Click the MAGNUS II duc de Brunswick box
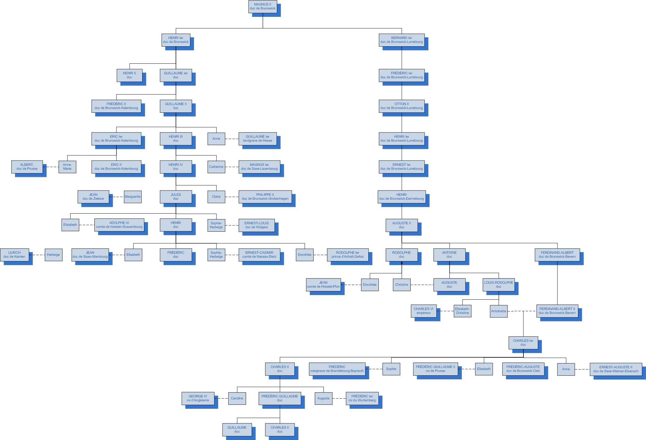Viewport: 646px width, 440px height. [263, 6]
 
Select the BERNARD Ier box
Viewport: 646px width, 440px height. [401, 40]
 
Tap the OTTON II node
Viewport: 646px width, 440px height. [401, 106]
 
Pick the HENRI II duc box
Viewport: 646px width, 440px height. [129, 75]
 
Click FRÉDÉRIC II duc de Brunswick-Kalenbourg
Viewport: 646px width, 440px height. [116, 106]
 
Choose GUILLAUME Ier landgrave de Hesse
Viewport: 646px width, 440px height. [257, 139]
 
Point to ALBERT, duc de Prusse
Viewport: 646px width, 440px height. [27, 167]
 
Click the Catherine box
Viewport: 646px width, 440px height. [216, 167]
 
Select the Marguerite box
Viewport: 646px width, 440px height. [133, 197]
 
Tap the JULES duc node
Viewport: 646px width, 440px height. [176, 197]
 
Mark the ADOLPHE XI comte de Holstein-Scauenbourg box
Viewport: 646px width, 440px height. [119, 225]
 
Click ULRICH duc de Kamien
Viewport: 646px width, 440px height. [14, 255]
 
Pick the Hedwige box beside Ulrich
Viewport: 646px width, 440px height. [53, 255]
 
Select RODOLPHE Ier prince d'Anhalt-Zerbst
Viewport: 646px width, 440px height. [348, 255]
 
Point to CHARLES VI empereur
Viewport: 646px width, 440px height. [424, 311]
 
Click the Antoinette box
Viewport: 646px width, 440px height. [499, 311]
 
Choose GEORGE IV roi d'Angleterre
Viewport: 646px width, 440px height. [198, 398]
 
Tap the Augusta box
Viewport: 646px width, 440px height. [323, 399]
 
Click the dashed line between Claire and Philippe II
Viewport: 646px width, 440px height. [232, 197]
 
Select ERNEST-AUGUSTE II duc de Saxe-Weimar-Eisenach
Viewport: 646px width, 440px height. [616, 369]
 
